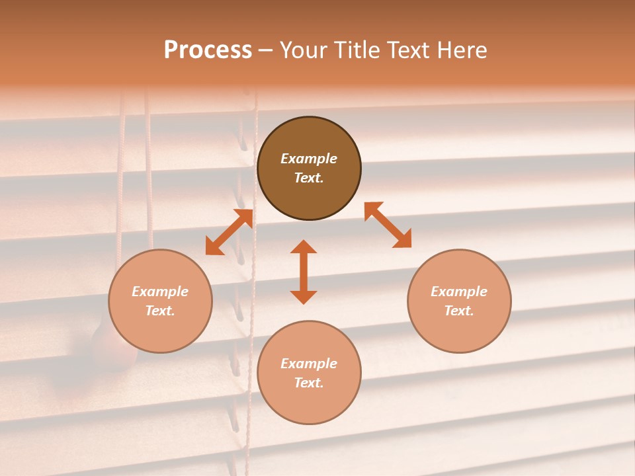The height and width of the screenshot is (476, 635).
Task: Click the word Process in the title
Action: tap(208, 50)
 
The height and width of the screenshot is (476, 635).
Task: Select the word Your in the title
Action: tap(302, 50)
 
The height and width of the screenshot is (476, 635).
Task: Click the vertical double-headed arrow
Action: tap(304, 272)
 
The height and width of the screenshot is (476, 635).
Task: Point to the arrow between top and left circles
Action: tap(229, 232)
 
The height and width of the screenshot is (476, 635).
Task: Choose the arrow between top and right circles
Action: tap(388, 225)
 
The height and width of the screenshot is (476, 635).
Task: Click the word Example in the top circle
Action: tap(309, 159)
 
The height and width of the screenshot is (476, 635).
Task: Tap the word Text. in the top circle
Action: tap(309, 178)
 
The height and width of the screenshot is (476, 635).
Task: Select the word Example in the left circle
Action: tap(160, 292)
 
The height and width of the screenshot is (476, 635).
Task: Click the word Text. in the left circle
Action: tap(160, 311)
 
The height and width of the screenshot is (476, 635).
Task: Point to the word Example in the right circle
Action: tap(459, 292)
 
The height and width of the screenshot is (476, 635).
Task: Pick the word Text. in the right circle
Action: tap(459, 311)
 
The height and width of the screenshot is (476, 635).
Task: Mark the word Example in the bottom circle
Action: tap(309, 364)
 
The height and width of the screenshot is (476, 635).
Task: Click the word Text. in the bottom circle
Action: tap(309, 383)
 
